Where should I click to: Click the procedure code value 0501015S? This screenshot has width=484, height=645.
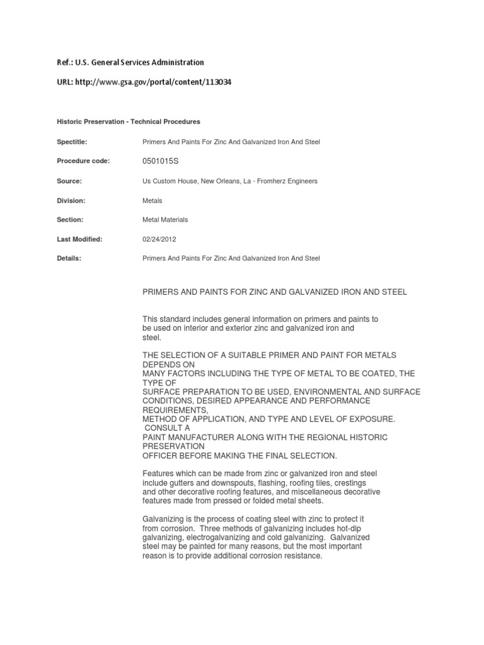pos(161,161)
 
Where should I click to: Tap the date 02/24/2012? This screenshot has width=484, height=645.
pos(159,239)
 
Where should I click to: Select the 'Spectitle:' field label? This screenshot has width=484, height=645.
pos(72,142)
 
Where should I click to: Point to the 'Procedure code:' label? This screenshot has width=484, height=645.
pos(83,161)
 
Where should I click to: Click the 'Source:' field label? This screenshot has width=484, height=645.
pos(69,181)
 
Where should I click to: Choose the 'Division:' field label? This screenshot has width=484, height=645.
pos(71,200)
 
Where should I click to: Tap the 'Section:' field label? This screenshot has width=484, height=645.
pos(70,220)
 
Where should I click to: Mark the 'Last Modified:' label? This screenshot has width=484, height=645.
pos(79,239)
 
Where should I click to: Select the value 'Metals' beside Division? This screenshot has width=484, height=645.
pos(153,200)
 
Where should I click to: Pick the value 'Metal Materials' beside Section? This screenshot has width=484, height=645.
pos(166,220)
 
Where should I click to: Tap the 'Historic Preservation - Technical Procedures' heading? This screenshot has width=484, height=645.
pos(129,121)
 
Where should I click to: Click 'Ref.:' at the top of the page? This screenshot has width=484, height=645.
pos(64,62)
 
